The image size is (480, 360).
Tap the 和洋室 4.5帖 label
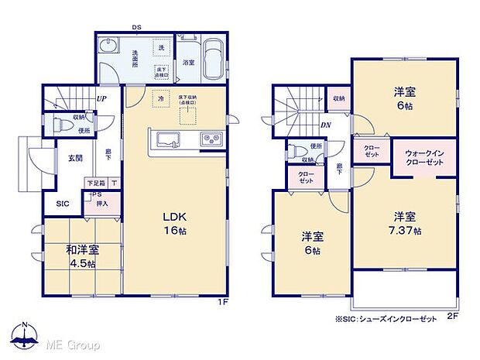(x=70, y=256)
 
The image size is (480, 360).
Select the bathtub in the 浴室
(x=214, y=58)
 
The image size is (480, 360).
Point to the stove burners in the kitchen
(x=211, y=140)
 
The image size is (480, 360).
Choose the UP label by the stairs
(x=101, y=99)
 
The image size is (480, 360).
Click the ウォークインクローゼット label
(x=423, y=157)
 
